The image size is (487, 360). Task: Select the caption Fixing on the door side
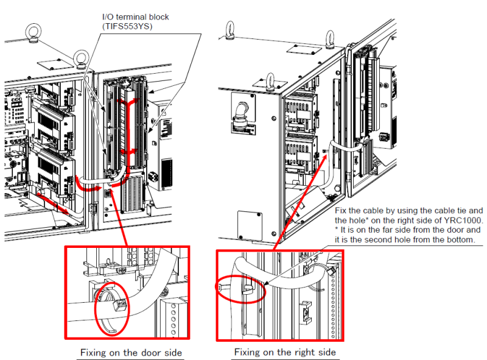pyautogui.click(x=131, y=353)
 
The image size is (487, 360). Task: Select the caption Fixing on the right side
pyautogui.click(x=285, y=352)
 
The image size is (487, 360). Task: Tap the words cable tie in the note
pyautogui.click(x=447, y=211)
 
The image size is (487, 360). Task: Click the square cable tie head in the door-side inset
pyautogui.click(x=119, y=305)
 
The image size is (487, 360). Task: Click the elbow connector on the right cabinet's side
pyautogui.click(x=241, y=113)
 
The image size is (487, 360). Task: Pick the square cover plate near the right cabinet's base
pyautogui.click(x=250, y=226)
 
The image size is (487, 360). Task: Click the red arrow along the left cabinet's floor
pyautogui.click(x=53, y=203)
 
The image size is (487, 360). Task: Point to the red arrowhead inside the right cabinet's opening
pyautogui.click(x=324, y=158)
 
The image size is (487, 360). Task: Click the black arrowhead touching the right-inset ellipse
pyautogui.click(x=266, y=283)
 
